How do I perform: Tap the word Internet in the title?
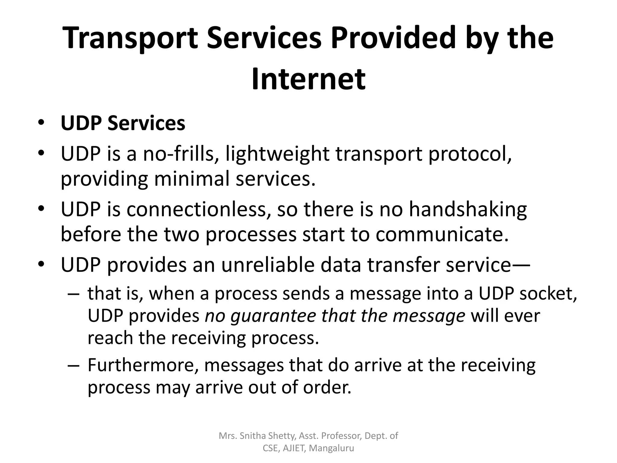tap(308, 79)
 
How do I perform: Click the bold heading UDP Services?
tap(123, 123)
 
